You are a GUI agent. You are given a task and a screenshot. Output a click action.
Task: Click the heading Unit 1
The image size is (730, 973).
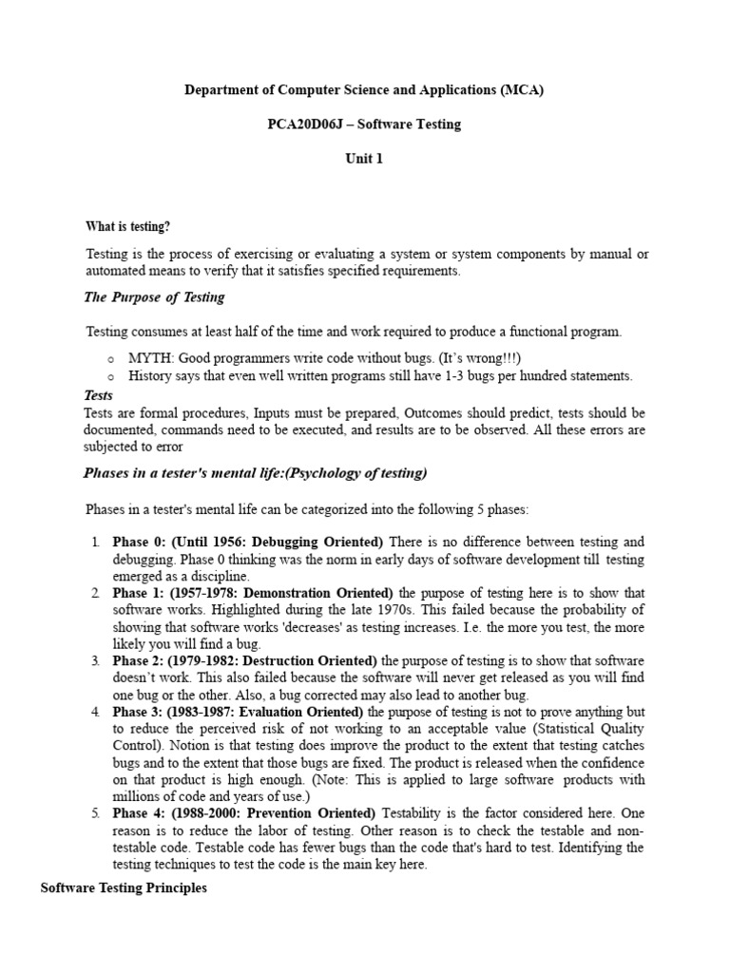pos(364,159)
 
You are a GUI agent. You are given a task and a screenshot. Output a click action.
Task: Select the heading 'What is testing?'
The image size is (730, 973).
pos(128,226)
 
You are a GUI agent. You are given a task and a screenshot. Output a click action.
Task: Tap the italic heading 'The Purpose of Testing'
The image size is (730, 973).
pos(154,296)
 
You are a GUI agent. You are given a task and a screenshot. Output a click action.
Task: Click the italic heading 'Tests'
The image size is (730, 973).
pos(99,395)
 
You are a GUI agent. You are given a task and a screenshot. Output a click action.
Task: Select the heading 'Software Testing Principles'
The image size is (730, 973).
pos(124,888)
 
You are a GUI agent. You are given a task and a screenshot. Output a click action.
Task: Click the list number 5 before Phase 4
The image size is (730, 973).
pos(95,813)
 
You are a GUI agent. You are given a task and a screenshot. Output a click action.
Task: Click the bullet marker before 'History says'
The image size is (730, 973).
pos(111,376)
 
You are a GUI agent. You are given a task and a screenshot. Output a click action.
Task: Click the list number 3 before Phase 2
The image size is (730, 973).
pos(95,660)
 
